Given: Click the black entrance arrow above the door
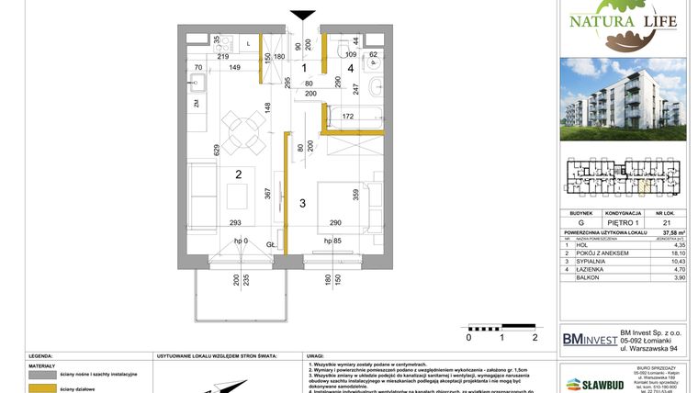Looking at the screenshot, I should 302,14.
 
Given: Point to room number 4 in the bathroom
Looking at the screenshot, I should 350,68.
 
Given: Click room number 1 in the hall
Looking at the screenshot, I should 305,68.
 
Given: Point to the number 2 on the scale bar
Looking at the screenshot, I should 534,337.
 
